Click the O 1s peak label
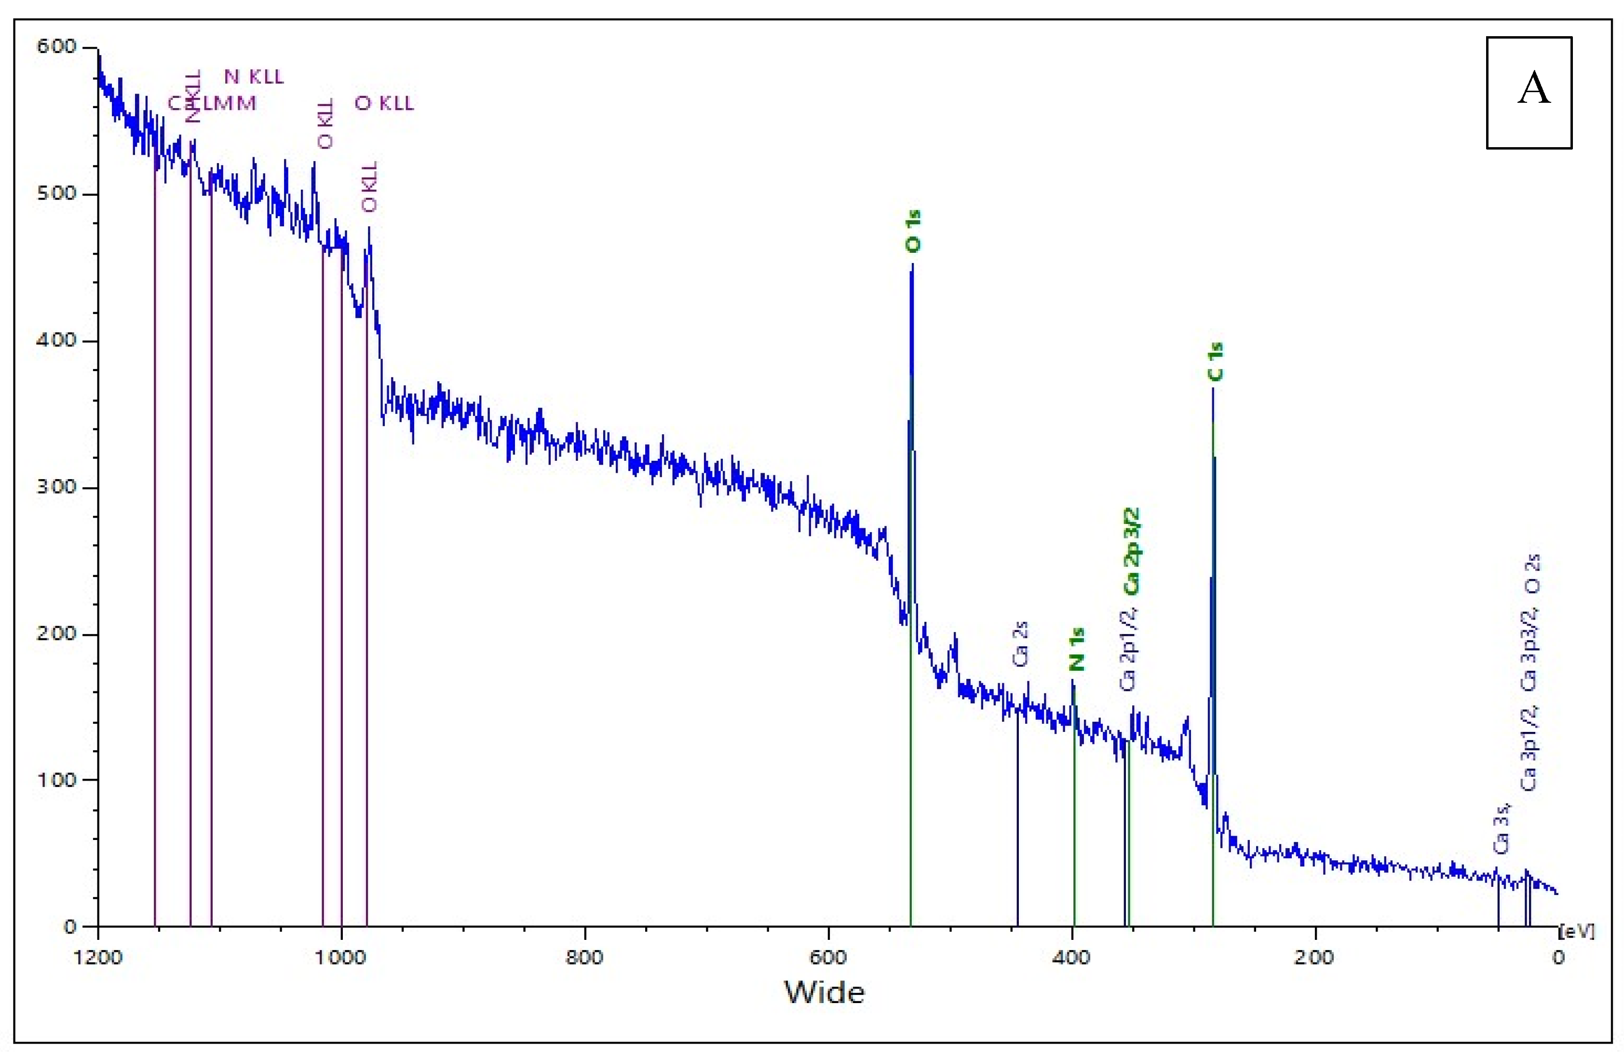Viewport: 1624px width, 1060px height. pyautogui.click(x=913, y=232)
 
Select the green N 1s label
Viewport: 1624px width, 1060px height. pyautogui.click(x=1076, y=650)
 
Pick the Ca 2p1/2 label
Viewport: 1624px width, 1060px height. pyautogui.click(x=1129, y=648)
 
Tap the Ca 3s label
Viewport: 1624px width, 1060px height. pyautogui.click(x=1501, y=829)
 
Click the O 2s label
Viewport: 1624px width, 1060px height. pyautogui.click(x=1532, y=574)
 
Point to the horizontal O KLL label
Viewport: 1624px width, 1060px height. pyautogui.click(x=384, y=104)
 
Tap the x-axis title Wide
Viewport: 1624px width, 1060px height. pyautogui.click(x=824, y=992)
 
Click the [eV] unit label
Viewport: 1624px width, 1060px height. pyautogui.click(x=1577, y=932)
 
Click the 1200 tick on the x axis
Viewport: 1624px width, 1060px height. pyautogui.click(x=98, y=958)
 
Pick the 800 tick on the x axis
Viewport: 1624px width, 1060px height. pyautogui.click(x=585, y=958)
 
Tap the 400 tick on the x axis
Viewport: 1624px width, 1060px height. pyautogui.click(x=1071, y=958)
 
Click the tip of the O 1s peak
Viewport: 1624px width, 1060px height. pyautogui.click(x=912, y=264)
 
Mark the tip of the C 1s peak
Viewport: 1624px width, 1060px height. pyautogui.click(x=1213, y=388)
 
